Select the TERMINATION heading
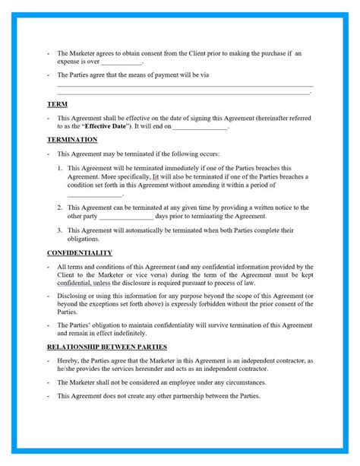click(x=72, y=141)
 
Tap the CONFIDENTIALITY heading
click(x=80, y=252)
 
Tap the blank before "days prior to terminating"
click(x=126, y=216)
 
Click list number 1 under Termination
click(x=60, y=167)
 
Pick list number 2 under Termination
click(x=60, y=207)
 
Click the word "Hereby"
click(x=67, y=360)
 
